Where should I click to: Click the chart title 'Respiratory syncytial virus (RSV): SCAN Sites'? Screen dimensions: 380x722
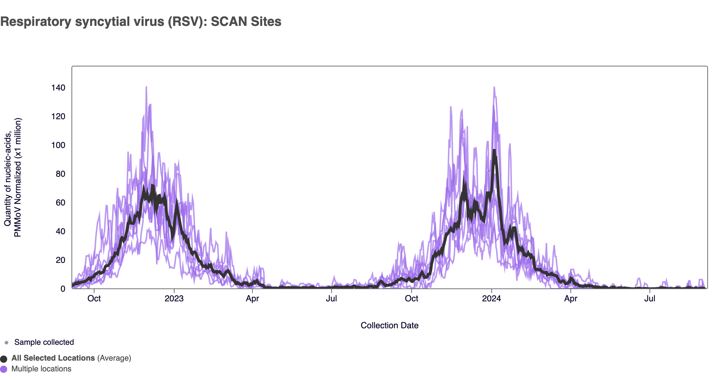click(141, 22)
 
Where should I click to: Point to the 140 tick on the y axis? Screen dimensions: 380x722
click(58, 88)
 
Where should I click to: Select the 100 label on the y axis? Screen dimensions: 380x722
click(58, 145)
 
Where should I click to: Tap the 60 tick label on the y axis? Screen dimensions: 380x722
click(60, 203)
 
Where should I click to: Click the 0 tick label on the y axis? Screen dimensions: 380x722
click(63, 289)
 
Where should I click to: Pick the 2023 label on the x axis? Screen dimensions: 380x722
click(174, 298)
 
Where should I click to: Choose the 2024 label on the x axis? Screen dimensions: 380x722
click(491, 298)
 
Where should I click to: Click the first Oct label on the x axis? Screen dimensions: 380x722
click(94, 298)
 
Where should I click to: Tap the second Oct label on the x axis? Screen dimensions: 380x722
click(411, 298)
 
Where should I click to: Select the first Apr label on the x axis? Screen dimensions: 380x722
click(252, 298)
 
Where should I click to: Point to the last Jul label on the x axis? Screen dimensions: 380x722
click(649, 298)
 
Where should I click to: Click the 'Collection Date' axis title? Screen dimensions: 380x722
click(389, 325)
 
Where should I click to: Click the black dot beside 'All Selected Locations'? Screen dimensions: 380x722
click(4, 359)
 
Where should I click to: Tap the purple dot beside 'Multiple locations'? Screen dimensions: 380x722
click(4, 369)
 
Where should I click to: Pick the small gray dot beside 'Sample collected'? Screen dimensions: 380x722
click(6, 343)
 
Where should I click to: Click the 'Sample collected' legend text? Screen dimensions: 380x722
click(44, 342)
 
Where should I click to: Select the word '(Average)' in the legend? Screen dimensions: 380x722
click(114, 358)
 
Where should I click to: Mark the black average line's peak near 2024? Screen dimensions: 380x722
click(494, 151)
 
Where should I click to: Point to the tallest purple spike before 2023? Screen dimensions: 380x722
click(146, 87)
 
